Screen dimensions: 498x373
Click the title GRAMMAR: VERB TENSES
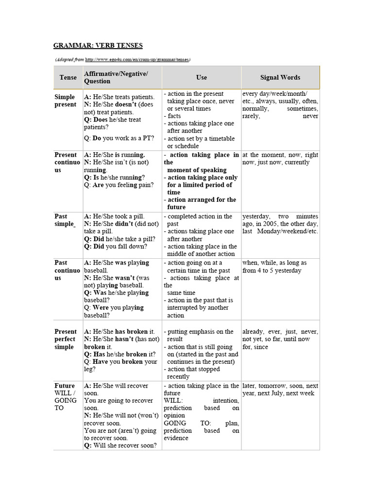tap(98, 46)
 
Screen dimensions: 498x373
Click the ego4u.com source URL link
tap(137, 60)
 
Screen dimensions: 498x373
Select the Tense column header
tap(68, 77)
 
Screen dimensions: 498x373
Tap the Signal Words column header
tap(280, 77)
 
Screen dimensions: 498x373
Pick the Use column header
tap(202, 77)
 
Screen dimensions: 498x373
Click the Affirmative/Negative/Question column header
tap(116, 77)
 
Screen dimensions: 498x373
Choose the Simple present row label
tap(66, 101)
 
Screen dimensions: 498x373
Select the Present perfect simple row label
tap(65, 339)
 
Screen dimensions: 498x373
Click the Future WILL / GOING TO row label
tap(66, 397)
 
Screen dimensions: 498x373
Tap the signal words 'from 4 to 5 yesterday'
tap(271, 270)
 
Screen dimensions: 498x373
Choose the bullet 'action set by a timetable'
tap(200, 142)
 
